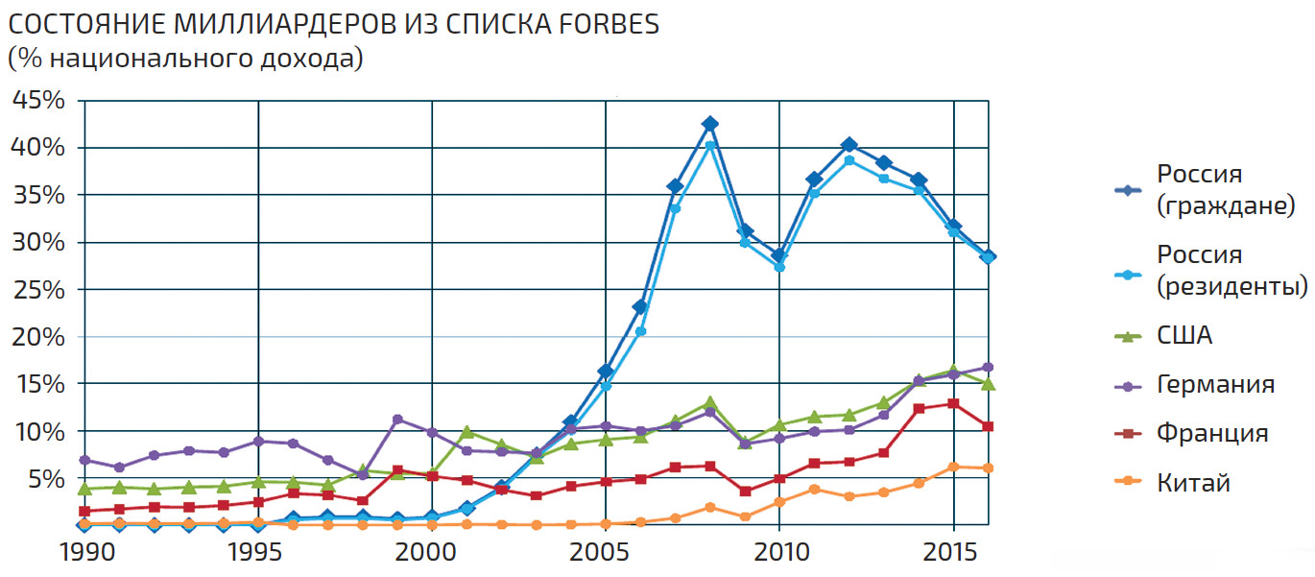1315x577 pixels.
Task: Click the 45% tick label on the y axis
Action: click(x=38, y=100)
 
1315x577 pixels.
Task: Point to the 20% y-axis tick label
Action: click(x=38, y=337)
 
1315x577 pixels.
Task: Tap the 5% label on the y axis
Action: click(x=45, y=478)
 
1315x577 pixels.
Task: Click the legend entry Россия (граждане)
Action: click(x=1226, y=189)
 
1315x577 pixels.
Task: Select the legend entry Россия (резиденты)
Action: click(x=1231, y=270)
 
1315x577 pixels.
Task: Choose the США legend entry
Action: click(x=1184, y=336)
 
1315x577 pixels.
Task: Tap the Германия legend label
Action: click(x=1215, y=385)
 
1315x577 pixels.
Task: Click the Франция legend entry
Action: click(x=1212, y=433)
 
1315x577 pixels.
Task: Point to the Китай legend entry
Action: click(x=1193, y=483)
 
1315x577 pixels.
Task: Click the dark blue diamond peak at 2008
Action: click(x=709, y=124)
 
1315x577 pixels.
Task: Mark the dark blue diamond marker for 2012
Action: click(x=849, y=145)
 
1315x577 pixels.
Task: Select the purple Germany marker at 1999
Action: click(x=397, y=420)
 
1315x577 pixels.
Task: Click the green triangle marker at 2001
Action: click(x=466, y=432)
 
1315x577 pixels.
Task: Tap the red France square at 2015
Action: click(x=953, y=403)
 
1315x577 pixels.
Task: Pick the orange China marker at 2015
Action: click(x=953, y=467)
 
